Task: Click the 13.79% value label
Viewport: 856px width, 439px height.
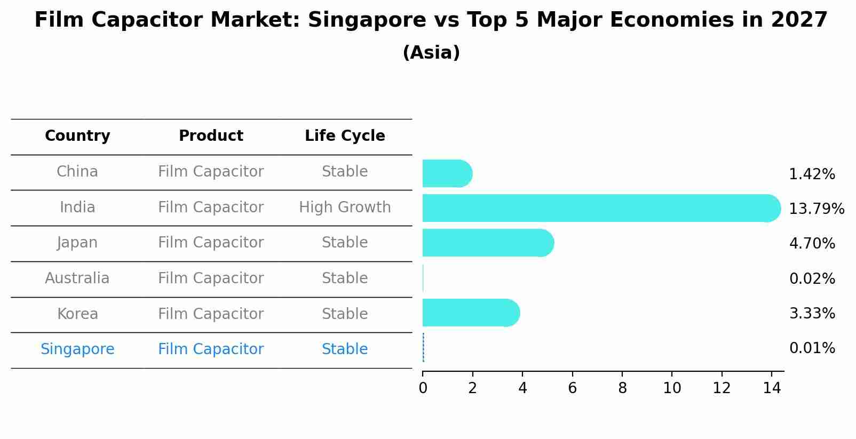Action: pyautogui.click(x=816, y=209)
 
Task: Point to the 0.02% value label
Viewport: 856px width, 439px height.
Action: pyautogui.click(x=812, y=278)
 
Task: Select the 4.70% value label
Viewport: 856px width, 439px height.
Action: pyautogui.click(x=812, y=243)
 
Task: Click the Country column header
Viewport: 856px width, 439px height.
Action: pyautogui.click(x=77, y=136)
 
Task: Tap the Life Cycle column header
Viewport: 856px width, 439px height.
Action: pyautogui.click(x=345, y=136)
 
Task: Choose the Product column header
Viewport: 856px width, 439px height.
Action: pyautogui.click(x=211, y=136)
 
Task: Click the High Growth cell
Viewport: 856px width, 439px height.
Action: pyautogui.click(x=345, y=207)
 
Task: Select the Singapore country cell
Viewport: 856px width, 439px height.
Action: pyautogui.click(x=77, y=349)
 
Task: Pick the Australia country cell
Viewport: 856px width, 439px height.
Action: pyautogui.click(x=77, y=278)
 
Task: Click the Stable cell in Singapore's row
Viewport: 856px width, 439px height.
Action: pyautogui.click(x=345, y=349)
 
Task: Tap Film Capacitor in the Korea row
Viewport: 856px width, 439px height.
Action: pyautogui.click(x=211, y=314)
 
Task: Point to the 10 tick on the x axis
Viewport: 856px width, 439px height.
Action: pyautogui.click(x=672, y=388)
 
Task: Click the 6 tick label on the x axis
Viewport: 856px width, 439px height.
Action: pyautogui.click(x=572, y=388)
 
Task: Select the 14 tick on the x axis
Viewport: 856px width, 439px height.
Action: pyautogui.click(x=772, y=388)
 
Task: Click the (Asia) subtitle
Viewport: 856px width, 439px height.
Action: pyautogui.click(x=431, y=53)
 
